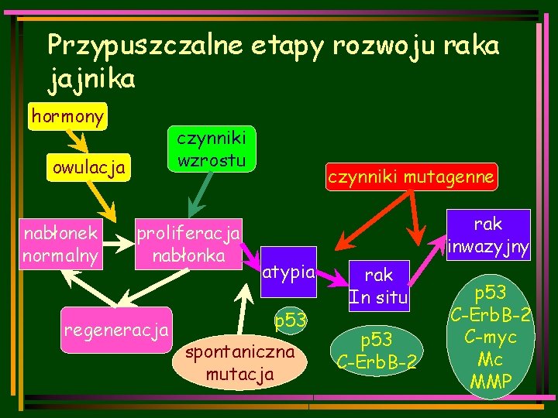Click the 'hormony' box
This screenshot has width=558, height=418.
tap(67, 116)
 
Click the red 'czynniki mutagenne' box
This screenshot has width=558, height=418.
tap(410, 176)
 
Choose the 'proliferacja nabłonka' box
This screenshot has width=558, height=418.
tap(188, 244)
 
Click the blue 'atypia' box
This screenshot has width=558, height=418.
tap(288, 272)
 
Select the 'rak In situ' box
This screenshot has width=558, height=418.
tap(378, 286)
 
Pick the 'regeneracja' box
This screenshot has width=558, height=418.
tap(117, 331)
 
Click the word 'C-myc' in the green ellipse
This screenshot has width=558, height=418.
tap(490, 339)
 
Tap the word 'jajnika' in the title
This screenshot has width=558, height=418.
tap(91, 78)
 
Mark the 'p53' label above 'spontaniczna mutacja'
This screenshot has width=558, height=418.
tap(291, 320)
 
